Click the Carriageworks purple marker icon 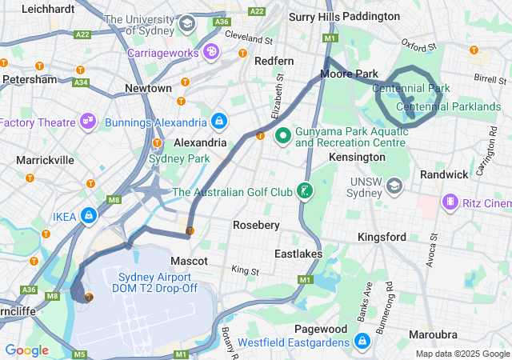click(x=211, y=52)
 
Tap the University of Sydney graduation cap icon click(x=187, y=23)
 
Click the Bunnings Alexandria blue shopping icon click(x=218, y=122)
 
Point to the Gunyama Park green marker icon click(x=282, y=136)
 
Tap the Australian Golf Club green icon click(x=304, y=191)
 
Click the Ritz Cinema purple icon click(x=451, y=202)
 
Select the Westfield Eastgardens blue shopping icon click(x=362, y=342)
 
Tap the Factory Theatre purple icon click(x=88, y=122)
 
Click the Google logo click(x=26, y=350)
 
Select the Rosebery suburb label click(x=256, y=226)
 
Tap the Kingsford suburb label click(x=382, y=238)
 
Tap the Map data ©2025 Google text click(x=462, y=354)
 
